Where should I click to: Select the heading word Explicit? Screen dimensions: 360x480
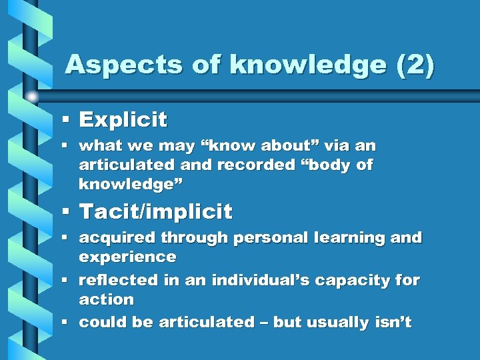click(x=123, y=120)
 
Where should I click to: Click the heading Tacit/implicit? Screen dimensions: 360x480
click(x=155, y=212)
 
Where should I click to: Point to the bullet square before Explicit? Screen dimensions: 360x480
click(x=66, y=119)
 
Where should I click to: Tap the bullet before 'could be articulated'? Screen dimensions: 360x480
click(x=66, y=323)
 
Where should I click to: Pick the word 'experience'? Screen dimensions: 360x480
click(x=127, y=257)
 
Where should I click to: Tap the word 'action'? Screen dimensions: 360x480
click(x=106, y=299)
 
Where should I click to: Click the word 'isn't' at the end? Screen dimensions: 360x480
click(x=393, y=323)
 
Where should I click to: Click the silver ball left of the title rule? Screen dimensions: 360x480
click(x=32, y=96)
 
